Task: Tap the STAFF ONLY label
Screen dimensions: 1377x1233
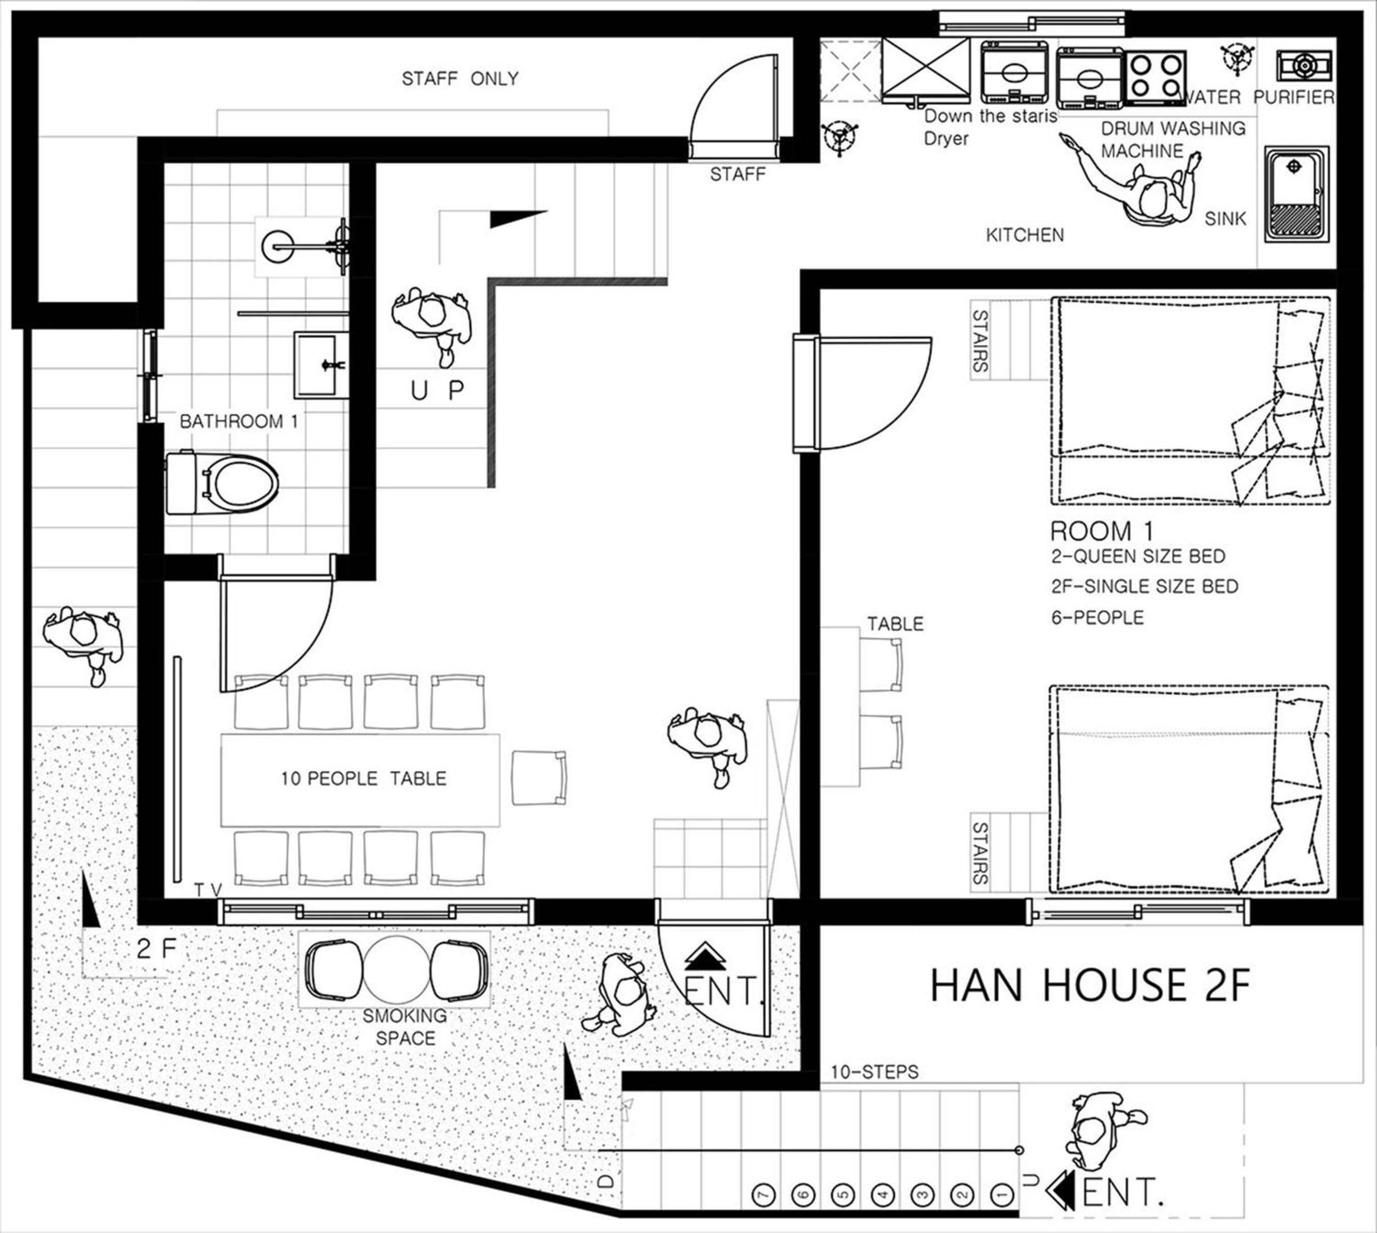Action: click(x=460, y=79)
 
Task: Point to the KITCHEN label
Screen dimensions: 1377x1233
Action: click(x=1025, y=235)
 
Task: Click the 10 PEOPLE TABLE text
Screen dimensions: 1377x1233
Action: click(x=364, y=778)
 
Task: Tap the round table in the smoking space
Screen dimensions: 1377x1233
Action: click(x=396, y=969)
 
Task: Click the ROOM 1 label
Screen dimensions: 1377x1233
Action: click(x=1101, y=531)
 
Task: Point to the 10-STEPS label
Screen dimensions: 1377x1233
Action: click(x=875, y=1072)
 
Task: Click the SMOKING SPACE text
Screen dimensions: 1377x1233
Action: click(x=405, y=1026)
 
